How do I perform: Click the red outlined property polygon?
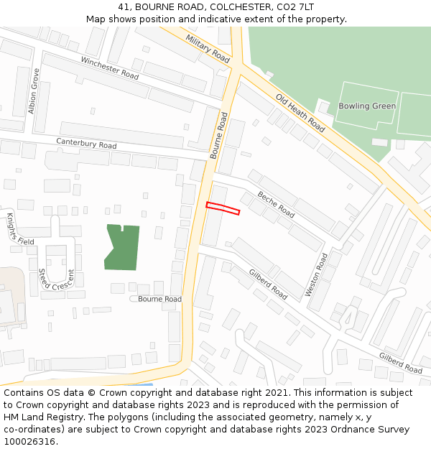(x=223, y=208)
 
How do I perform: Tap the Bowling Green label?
(x=367, y=106)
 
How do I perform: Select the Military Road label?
(x=208, y=47)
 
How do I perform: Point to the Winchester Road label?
(x=110, y=68)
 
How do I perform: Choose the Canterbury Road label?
(x=86, y=145)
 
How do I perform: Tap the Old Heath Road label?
(x=301, y=112)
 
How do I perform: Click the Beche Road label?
(x=276, y=205)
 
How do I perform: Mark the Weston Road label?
(x=316, y=274)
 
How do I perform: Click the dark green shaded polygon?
(x=122, y=248)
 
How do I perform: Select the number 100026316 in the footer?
(x=29, y=441)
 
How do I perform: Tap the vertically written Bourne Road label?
(x=218, y=136)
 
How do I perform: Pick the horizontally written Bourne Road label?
(x=159, y=299)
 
